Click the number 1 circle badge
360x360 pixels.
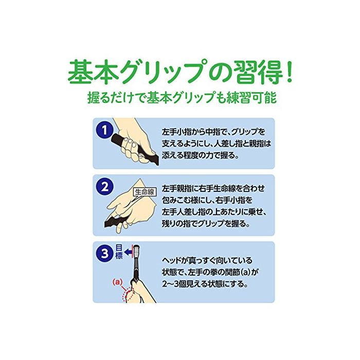[x=105, y=130]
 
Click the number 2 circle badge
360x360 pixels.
[x=105, y=188]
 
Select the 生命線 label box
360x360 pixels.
[x=145, y=192]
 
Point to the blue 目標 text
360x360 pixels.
[x=119, y=252]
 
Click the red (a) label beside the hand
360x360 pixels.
[x=118, y=282]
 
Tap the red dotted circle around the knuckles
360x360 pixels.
[x=128, y=295]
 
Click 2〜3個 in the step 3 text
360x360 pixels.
[x=175, y=284]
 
